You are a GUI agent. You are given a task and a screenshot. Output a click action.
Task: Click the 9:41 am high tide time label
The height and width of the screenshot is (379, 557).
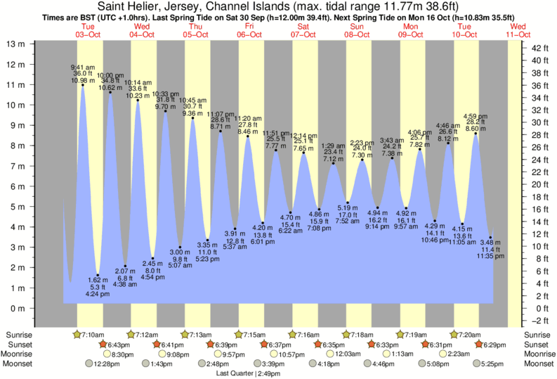pos(83,67)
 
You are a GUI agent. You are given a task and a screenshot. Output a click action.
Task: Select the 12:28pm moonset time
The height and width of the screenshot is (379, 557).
pos(105,364)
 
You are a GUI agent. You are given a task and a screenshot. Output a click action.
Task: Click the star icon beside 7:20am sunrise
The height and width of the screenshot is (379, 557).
pos(454,334)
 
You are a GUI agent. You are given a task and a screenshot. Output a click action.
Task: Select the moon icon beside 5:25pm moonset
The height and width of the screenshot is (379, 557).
pos(476,364)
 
